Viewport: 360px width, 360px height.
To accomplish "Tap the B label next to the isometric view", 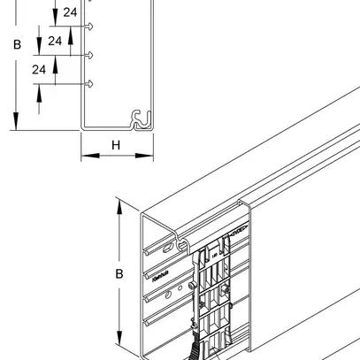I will (119, 274).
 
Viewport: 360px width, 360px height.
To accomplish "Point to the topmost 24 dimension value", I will (70, 12).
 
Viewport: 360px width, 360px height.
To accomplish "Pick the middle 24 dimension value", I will (55, 41).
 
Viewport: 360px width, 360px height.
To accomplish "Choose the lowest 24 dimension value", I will (39, 69).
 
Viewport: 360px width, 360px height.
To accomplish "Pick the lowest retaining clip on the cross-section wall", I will (90, 83).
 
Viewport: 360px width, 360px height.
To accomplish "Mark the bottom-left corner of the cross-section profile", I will (82, 129).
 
